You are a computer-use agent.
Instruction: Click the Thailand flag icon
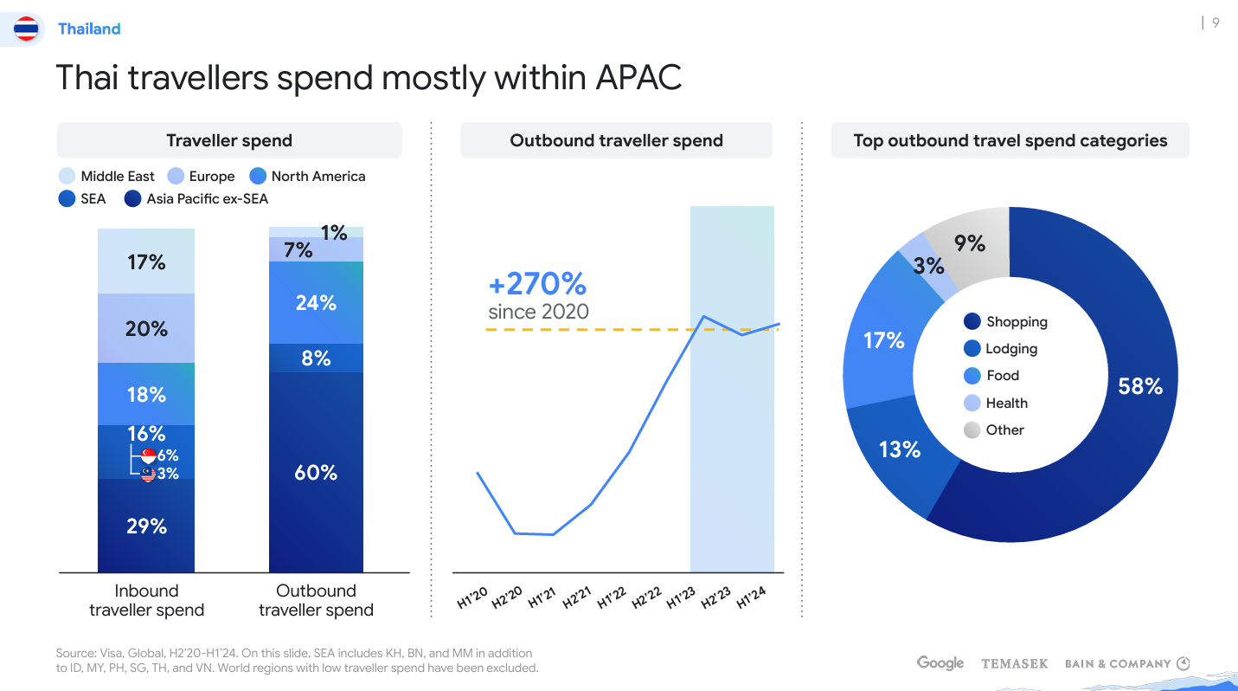(x=27, y=29)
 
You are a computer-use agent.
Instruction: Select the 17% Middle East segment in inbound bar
(x=146, y=262)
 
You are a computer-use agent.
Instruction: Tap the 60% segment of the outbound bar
(x=316, y=472)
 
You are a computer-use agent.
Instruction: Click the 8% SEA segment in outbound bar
(x=316, y=358)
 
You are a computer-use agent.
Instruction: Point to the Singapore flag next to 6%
(x=148, y=455)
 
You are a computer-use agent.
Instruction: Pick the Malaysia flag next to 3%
(x=148, y=474)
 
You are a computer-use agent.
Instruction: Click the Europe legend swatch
(x=176, y=177)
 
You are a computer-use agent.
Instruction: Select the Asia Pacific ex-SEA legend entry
(x=196, y=199)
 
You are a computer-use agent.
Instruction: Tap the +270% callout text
(x=537, y=283)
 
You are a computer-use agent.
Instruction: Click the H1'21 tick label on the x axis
(x=542, y=597)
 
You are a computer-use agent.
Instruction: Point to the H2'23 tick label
(x=716, y=597)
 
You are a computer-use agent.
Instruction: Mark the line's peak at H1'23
(x=704, y=316)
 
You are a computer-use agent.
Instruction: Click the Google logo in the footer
(x=940, y=663)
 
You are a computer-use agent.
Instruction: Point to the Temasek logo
(x=1014, y=664)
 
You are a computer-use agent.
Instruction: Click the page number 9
(x=1216, y=23)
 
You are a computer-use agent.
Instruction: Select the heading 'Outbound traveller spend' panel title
(x=616, y=141)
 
